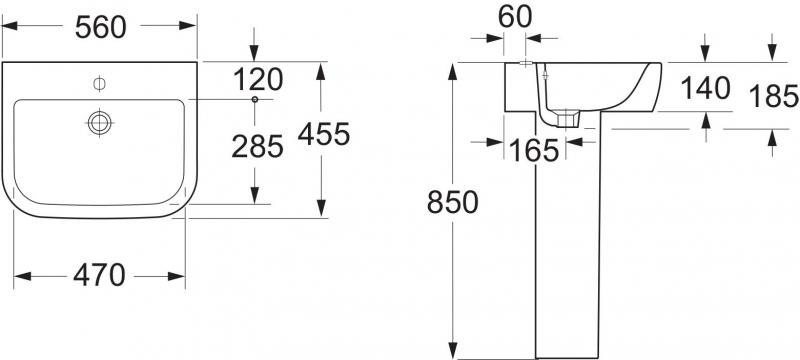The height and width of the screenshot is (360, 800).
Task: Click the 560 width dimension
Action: [100, 28]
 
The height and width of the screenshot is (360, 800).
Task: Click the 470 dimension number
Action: [99, 276]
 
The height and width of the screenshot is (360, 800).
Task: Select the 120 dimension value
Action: [258, 80]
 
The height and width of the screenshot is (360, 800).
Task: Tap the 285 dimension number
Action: [257, 147]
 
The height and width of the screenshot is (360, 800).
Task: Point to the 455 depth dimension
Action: [324, 135]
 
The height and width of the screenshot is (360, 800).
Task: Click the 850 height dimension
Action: [453, 202]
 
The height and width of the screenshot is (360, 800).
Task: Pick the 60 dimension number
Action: [515, 17]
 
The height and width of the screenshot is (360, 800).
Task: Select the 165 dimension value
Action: [534, 151]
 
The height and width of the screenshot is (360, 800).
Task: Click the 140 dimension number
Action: [706, 89]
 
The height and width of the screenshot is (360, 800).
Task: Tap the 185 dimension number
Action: [773, 96]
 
